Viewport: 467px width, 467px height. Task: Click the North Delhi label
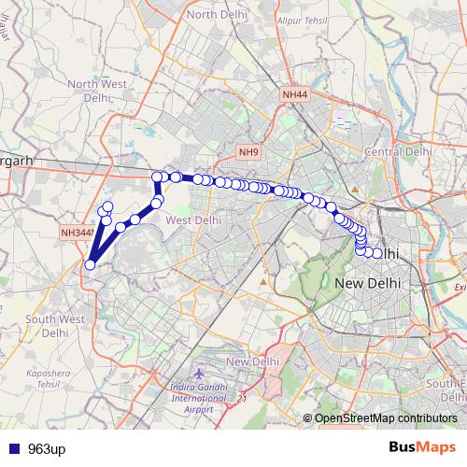coord(215,15)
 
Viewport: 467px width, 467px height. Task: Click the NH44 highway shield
coord(293,94)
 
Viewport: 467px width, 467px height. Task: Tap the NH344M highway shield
coord(76,233)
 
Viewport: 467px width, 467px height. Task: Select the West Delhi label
coord(192,219)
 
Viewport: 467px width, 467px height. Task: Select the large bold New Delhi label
coord(367,283)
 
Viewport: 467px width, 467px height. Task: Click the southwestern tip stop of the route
coord(90,264)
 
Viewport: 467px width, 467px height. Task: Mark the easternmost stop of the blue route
coord(377,253)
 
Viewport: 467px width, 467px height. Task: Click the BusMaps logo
coord(423,447)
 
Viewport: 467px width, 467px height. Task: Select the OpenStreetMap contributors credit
coord(385,418)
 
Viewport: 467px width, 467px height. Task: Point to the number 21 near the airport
coord(240,399)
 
